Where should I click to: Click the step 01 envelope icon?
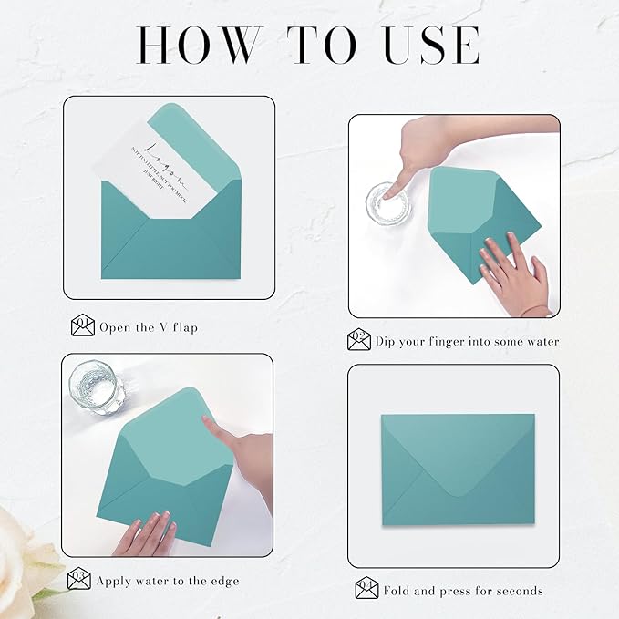click(82, 325)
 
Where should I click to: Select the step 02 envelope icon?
click(359, 340)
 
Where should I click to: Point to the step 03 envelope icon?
click(79, 579)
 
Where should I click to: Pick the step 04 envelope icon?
click(366, 589)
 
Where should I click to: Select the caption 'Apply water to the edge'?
click(170, 580)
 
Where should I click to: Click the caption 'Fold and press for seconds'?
click(463, 591)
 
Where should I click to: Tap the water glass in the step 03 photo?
click(96, 387)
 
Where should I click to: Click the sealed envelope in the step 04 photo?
click(458, 469)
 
